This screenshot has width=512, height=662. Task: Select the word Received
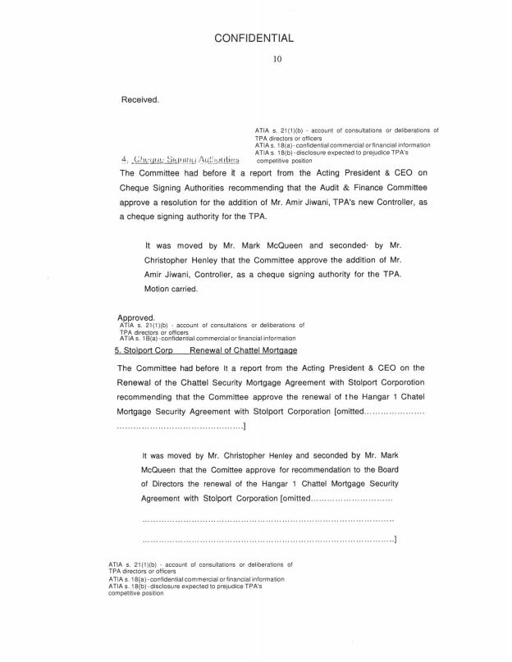click(139, 100)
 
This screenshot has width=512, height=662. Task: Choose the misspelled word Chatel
click(408, 398)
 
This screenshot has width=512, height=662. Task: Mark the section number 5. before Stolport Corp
click(118, 350)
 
